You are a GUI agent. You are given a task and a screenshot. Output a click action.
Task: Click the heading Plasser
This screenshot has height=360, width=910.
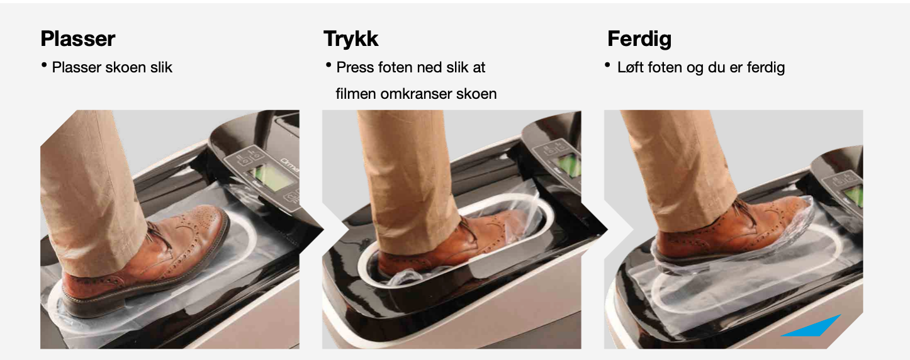(78, 39)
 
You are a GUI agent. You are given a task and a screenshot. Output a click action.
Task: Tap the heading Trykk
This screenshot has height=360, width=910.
(351, 39)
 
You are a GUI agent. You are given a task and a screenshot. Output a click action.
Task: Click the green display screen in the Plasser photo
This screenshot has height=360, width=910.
(269, 177)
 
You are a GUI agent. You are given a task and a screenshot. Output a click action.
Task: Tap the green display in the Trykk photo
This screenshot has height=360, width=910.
(570, 166)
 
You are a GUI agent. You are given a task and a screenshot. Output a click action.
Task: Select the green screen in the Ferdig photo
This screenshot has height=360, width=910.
(854, 196)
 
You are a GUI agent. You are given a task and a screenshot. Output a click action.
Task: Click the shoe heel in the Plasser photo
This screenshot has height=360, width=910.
(87, 301)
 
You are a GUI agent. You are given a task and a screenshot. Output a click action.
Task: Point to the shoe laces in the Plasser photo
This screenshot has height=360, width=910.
(160, 235)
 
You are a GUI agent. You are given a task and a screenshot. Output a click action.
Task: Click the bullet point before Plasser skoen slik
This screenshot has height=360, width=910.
(44, 65)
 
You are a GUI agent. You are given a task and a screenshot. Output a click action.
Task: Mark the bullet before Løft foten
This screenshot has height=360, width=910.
(608, 65)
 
